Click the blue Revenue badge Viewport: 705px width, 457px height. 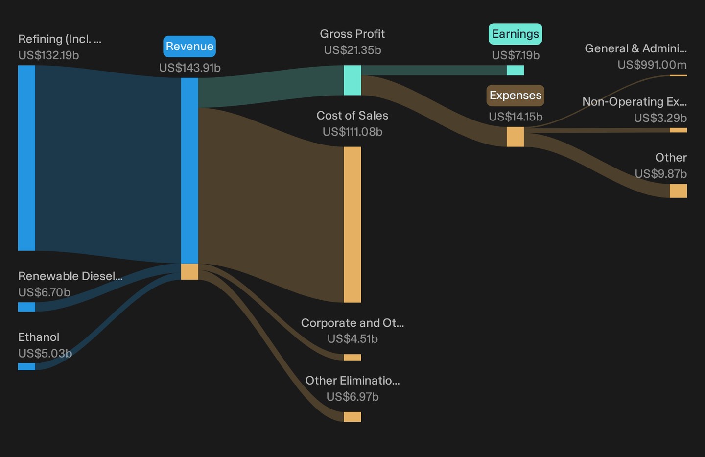[189, 47]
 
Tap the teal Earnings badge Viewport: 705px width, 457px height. [515, 34]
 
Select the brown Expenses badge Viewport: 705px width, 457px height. [515, 95]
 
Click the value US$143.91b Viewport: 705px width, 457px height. [190, 68]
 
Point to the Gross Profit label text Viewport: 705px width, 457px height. [352, 34]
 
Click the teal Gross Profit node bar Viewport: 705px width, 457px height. [352, 80]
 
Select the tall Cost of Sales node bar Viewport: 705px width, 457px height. [352, 224]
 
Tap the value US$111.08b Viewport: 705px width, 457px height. [352, 132]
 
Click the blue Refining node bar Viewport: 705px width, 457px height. [26, 158]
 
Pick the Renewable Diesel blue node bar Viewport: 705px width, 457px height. [26, 307]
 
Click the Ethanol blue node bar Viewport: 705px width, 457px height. [26, 366]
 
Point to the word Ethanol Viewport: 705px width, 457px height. [39, 337]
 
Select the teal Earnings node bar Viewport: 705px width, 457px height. [515, 70]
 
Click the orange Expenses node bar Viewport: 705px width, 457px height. [515, 137]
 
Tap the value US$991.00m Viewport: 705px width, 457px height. [652, 65]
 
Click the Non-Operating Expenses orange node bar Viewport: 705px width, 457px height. [678, 130]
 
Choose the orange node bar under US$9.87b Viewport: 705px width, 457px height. [678, 191]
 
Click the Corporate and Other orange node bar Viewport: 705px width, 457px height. [352, 357]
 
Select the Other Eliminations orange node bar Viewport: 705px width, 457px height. [352, 417]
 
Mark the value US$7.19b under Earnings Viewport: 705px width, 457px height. [516, 55]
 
